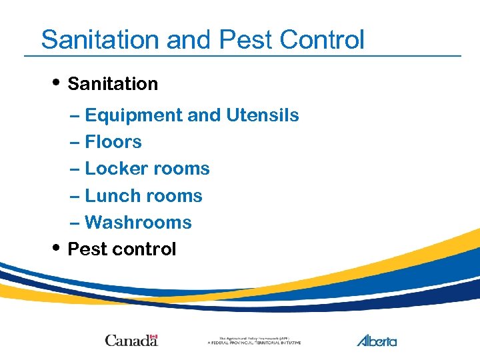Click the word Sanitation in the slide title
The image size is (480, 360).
[101, 39]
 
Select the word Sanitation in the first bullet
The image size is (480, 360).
[113, 84]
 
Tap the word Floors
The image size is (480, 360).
[113, 142]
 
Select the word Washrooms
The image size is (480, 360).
[138, 222]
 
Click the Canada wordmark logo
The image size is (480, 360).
[131, 340]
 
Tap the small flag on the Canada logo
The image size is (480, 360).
[153, 336]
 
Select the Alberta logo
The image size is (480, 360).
[377, 340]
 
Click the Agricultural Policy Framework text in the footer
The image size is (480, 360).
[254, 340]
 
